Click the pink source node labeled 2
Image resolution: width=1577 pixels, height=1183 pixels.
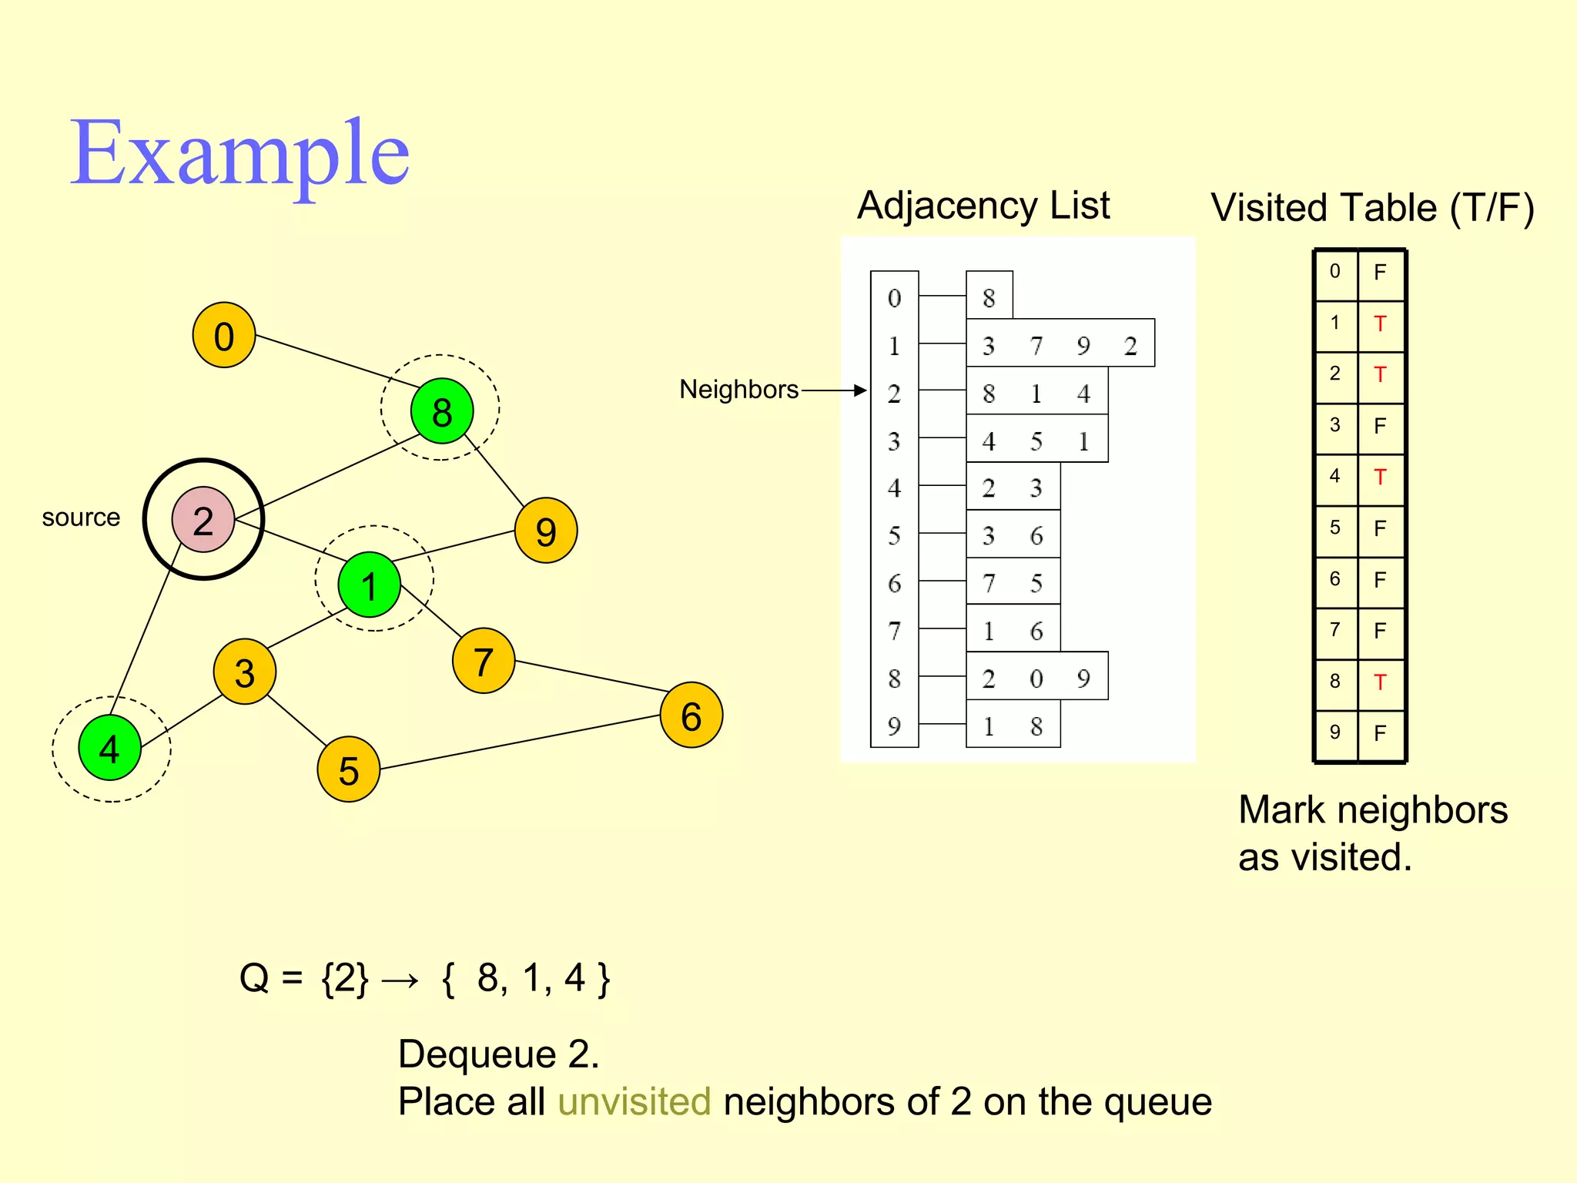(x=203, y=520)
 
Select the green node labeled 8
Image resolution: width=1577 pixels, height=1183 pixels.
(x=442, y=411)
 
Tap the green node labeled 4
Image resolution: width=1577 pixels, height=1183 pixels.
(x=110, y=748)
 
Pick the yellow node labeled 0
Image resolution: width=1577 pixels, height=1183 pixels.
(x=224, y=335)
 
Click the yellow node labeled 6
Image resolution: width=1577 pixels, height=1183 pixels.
(x=691, y=715)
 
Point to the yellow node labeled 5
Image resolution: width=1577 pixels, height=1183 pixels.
(x=349, y=769)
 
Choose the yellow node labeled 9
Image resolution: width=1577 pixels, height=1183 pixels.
(x=546, y=531)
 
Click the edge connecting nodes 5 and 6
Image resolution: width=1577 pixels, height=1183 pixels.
(x=520, y=742)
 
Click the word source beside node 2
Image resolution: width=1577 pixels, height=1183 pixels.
(x=81, y=518)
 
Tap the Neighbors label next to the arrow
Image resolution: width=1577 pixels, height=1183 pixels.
(x=738, y=390)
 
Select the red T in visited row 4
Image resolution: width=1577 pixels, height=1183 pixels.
(x=1380, y=478)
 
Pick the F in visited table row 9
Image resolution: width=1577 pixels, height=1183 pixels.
(x=1380, y=733)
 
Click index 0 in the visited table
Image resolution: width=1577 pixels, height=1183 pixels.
(x=1335, y=271)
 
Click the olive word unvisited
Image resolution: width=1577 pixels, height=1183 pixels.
(x=634, y=1101)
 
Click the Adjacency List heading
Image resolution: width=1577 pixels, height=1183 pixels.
(x=983, y=206)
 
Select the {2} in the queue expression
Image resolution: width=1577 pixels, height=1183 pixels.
(x=344, y=978)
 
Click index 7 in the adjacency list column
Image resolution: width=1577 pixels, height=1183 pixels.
(x=894, y=632)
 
